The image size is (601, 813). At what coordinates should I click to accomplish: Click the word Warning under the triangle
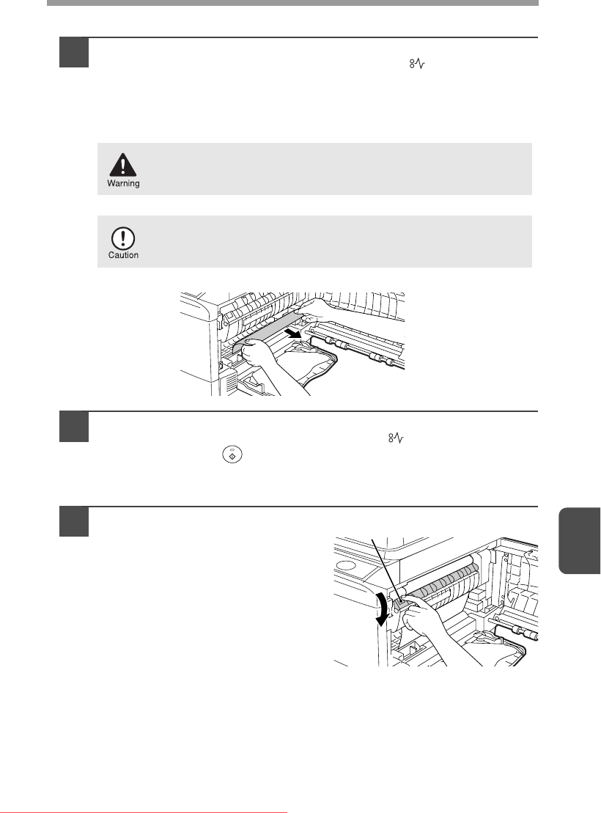point(123,183)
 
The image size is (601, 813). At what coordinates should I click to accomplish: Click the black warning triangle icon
point(123,165)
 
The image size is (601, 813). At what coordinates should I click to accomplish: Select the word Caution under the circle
point(123,255)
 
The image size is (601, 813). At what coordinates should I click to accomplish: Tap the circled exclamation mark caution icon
point(123,238)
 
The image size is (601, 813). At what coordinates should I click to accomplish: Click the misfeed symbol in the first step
point(418,65)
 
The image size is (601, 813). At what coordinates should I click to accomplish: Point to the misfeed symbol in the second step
point(397,438)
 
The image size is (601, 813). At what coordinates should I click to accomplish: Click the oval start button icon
point(232,455)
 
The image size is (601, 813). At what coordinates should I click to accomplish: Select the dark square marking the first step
point(74,52)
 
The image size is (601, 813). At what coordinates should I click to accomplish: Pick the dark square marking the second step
point(74,427)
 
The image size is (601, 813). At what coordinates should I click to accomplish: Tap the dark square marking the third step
point(74,521)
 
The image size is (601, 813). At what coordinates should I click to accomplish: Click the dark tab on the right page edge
point(580,540)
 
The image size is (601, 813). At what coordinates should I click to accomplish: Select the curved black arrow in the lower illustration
point(382,610)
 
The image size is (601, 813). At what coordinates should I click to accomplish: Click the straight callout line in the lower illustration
point(388,570)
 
